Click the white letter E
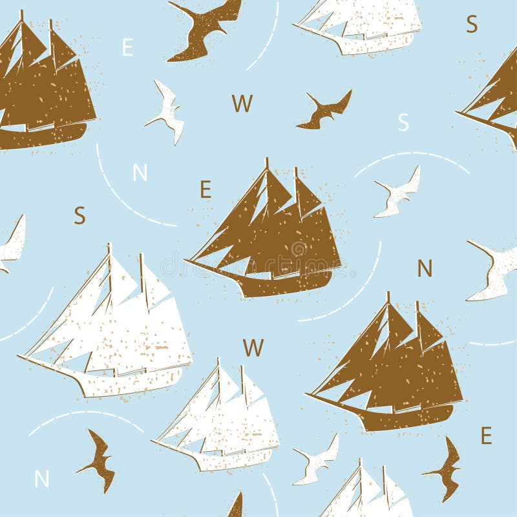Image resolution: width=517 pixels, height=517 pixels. point(127,47)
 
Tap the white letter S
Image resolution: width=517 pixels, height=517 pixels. point(403,121)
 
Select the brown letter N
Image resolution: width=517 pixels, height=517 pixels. point(425,268)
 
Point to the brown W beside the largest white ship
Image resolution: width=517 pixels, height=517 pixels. point(253,348)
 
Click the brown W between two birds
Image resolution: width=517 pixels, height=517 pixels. point(242,103)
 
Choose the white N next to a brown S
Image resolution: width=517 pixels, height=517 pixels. point(140,173)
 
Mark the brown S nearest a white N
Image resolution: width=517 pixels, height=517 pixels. point(79,215)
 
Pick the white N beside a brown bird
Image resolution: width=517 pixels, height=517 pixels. point(42,479)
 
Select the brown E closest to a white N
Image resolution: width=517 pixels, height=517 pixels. point(206,189)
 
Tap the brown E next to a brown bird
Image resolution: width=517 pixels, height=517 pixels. point(486,436)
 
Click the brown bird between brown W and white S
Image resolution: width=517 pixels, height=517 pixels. point(325,110)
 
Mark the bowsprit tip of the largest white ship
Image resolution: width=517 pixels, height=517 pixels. point(19,355)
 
